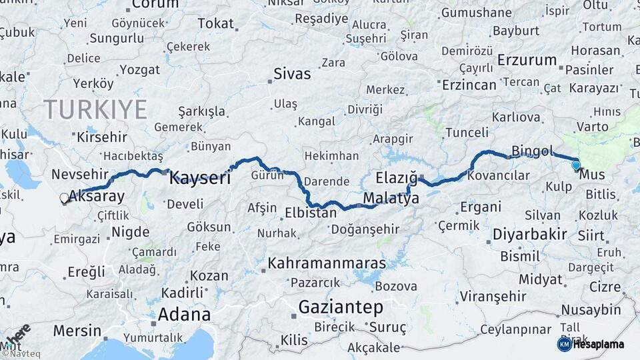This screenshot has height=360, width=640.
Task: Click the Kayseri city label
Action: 199,178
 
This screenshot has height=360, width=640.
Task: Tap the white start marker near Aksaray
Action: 65,198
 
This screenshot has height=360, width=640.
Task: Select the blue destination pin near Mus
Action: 576,165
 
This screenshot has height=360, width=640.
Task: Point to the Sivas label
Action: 293,74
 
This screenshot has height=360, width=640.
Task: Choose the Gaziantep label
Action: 340,307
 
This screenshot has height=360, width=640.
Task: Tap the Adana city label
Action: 184,314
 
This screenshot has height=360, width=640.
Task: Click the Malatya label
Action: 391,199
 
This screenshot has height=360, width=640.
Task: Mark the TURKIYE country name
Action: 95,109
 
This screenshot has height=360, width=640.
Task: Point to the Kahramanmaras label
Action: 327,263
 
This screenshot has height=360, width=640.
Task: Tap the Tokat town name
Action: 215,24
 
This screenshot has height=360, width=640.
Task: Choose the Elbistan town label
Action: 311,214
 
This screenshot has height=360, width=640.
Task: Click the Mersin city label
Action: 77,331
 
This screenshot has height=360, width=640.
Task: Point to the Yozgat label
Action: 139,69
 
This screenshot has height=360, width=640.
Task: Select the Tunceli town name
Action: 467,132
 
